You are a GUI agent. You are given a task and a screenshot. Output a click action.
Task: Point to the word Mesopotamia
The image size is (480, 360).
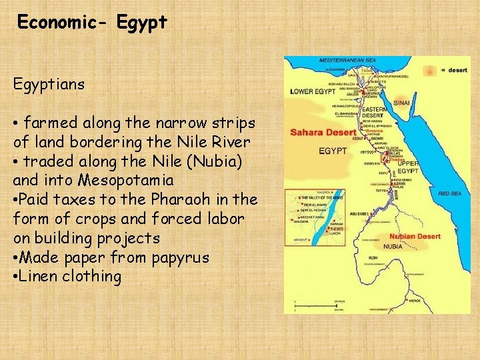[126, 180]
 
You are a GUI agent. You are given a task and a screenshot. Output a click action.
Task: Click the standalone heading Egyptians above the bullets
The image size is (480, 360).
[49, 84]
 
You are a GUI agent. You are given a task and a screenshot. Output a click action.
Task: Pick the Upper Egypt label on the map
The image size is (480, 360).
[407, 167]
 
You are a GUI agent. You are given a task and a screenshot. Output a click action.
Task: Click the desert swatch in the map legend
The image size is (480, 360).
[431, 70]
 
